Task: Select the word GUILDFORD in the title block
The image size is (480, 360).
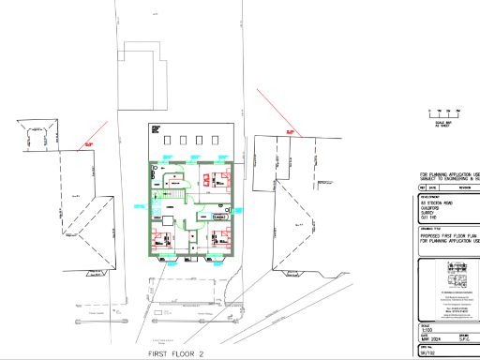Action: coord(435,206)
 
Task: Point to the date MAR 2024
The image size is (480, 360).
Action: coord(428,337)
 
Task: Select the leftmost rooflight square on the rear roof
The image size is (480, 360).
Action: coord(167,142)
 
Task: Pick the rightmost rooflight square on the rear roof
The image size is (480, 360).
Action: coord(215,142)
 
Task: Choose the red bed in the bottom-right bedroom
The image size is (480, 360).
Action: coord(221,236)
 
